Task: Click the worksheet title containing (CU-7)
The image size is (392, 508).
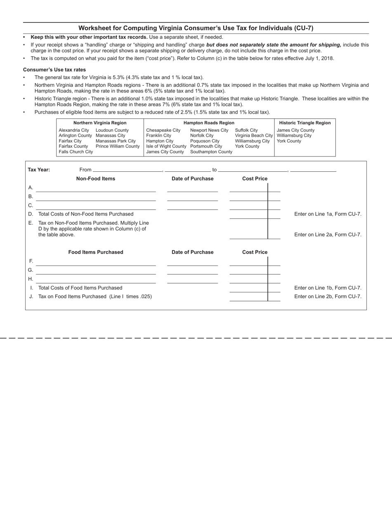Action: coord(196,28)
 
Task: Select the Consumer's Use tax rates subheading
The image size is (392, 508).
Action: coord(54,70)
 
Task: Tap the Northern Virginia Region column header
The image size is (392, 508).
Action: coord(100,123)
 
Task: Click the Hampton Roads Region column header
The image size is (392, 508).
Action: coord(209,123)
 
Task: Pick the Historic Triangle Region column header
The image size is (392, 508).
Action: coord(305,123)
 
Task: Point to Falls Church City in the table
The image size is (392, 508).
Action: coord(76,152)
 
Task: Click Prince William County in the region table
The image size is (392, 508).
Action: coord(118,146)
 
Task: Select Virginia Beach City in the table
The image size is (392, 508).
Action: coord(254,135)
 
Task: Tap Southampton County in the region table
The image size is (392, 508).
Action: coord(211,152)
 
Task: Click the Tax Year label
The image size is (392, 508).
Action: coord(39,169)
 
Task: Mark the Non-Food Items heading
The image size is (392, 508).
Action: coord(96,178)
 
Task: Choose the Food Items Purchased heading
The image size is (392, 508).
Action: coord(96,252)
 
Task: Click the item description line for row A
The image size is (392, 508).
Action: coord(96,188)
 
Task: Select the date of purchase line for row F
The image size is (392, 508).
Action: coord(192,262)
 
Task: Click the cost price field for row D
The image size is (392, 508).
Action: coord(249,214)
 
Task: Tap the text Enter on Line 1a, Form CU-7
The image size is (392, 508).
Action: coord(328,214)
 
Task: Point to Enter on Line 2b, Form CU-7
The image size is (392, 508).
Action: coord(328,296)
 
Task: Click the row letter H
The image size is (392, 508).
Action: coord(31,279)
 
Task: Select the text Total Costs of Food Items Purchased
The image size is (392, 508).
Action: coord(80,287)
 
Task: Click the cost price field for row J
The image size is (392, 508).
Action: coord(249,297)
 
